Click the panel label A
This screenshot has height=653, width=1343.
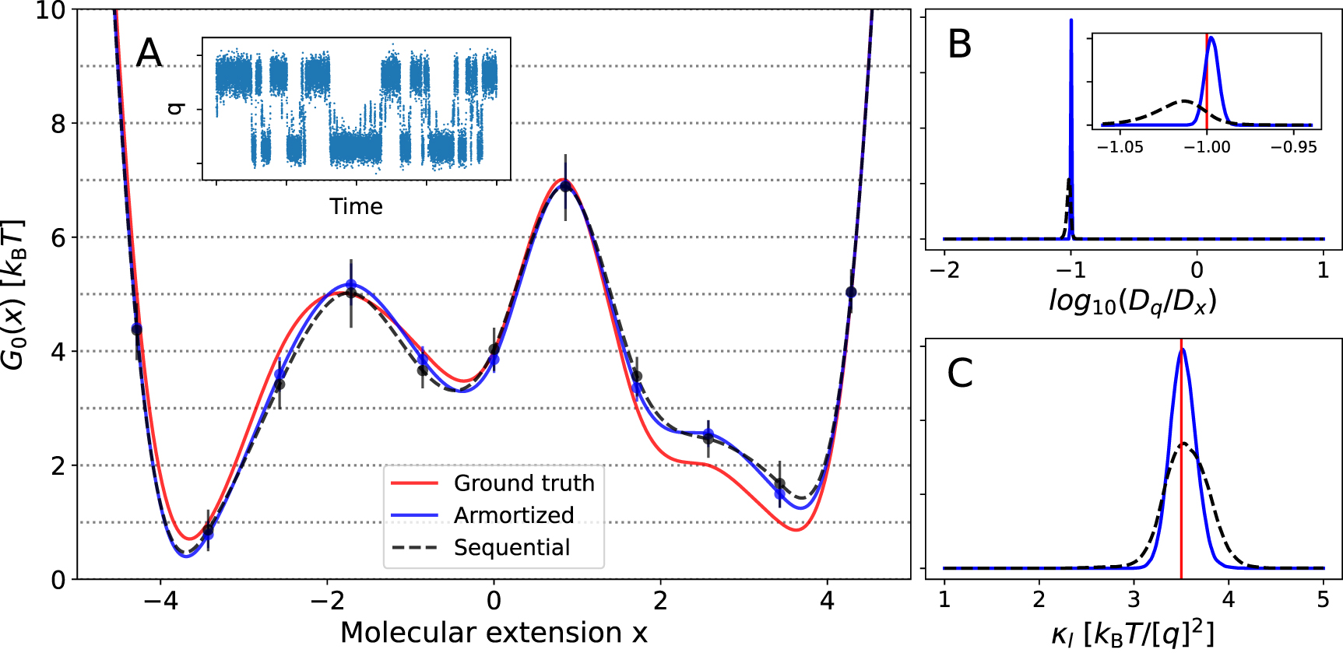[149, 54]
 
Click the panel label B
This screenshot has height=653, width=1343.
[959, 44]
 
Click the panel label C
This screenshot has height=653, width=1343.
[959, 374]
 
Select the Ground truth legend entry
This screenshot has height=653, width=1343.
[523, 483]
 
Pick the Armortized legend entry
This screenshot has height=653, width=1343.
[513, 515]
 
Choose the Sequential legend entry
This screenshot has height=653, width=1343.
[512, 547]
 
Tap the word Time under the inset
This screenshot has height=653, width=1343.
[356, 206]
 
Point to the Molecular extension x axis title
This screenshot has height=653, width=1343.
[494, 633]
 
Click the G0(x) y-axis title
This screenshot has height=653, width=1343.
[14, 294]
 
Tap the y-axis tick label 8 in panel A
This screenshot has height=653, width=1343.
[58, 124]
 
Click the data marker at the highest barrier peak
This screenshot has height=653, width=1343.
[565, 186]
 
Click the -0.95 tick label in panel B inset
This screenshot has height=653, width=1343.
[1294, 147]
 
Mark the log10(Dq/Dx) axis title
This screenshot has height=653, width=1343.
[1133, 300]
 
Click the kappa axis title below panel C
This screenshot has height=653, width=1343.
[1133, 634]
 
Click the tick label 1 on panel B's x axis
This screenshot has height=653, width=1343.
[1323, 270]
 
